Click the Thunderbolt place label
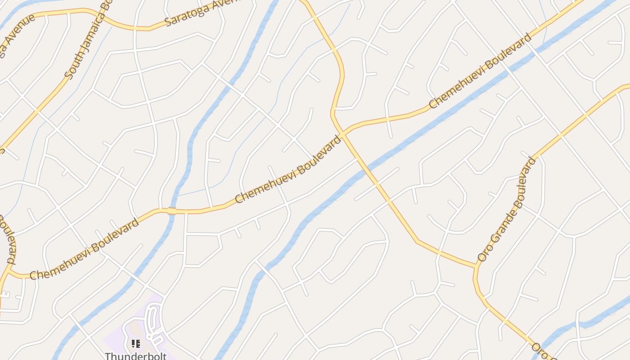click(x=135, y=356)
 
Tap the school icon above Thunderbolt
click(x=135, y=344)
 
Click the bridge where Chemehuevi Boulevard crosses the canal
click(x=171, y=211)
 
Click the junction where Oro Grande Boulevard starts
click(x=476, y=267)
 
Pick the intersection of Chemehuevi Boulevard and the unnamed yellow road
click(x=342, y=133)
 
